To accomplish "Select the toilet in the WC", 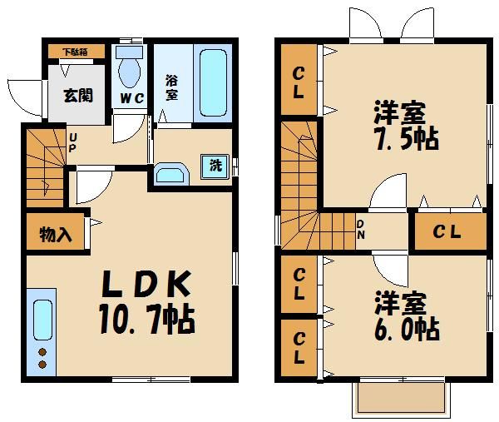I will (x=130, y=70).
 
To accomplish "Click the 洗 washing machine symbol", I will (x=215, y=165).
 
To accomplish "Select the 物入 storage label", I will (x=55, y=236).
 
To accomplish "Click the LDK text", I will (x=146, y=285).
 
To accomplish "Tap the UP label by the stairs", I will (x=73, y=142).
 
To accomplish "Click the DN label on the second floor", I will (x=361, y=228).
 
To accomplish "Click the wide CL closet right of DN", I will (x=448, y=231).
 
